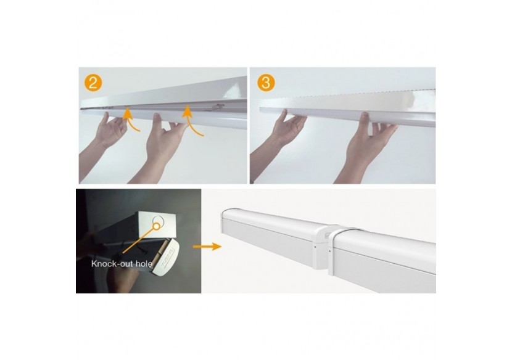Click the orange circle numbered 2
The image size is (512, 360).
[93, 83]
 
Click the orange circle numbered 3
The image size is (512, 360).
[266, 82]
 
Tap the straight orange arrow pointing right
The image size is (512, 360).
[207, 247]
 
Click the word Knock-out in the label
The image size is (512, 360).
[109, 264]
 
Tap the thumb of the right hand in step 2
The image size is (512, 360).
[157, 120]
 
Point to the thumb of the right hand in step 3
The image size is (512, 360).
[364, 118]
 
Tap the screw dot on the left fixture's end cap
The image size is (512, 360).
[314, 247]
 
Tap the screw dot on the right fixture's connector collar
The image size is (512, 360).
[330, 252]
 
